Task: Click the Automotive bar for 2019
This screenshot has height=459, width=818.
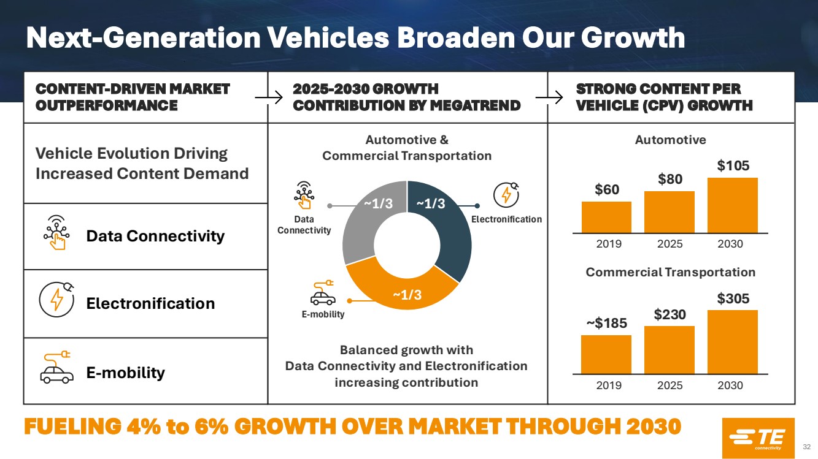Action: pos(606,217)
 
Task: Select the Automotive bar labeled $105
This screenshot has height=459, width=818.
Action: pos(732,205)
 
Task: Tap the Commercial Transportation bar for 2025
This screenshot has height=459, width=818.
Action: pos(669,349)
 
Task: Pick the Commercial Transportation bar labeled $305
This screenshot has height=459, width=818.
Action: pos(732,341)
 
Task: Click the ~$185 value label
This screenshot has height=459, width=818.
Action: pos(606,324)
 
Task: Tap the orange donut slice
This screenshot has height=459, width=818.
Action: pos(402,288)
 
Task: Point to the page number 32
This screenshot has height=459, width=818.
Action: pos(807,446)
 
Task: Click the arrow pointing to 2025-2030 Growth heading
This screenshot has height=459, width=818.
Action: pos(269,97)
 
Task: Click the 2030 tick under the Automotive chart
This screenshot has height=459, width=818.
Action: pos(730,244)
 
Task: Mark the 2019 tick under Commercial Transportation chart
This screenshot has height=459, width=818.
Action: pos(609,385)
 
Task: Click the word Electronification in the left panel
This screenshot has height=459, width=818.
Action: pos(150,303)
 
